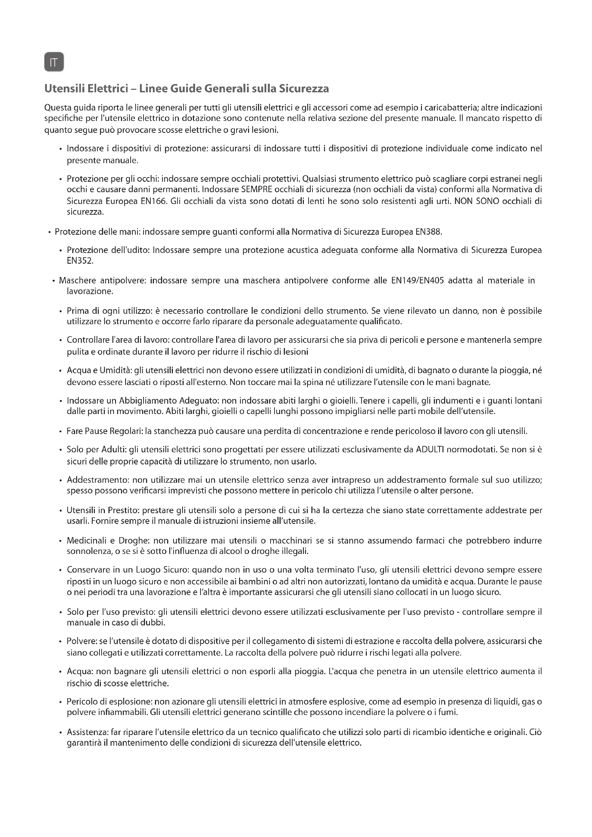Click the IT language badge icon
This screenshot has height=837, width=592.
click(x=54, y=62)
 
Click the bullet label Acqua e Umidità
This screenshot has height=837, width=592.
click(x=99, y=371)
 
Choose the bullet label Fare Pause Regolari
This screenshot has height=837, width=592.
click(x=104, y=432)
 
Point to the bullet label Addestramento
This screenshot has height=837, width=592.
click(x=97, y=480)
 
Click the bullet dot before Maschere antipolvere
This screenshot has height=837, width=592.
click(x=54, y=281)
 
